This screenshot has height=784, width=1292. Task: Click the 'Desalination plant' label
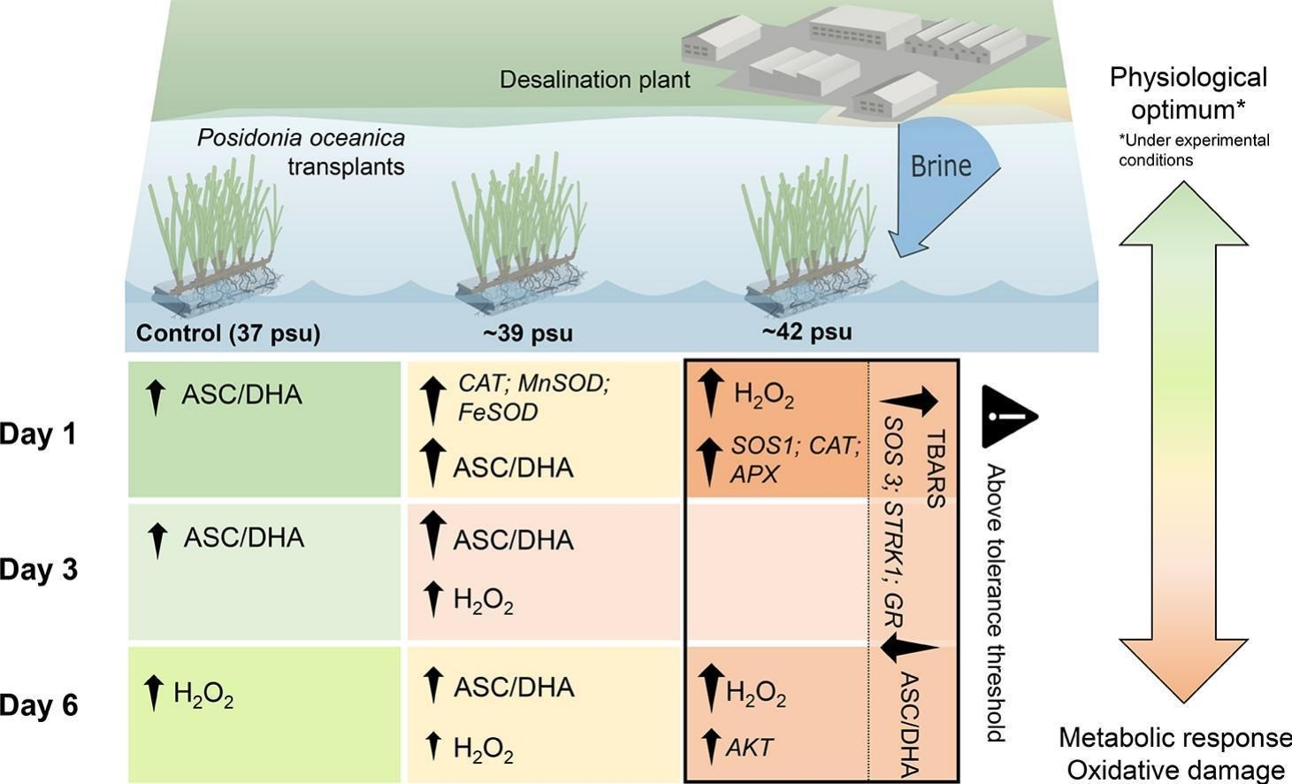click(x=594, y=80)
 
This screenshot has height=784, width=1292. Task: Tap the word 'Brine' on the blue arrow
click(x=940, y=165)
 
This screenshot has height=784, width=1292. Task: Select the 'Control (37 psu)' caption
click(x=227, y=334)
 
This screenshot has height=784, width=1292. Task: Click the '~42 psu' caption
click(x=806, y=332)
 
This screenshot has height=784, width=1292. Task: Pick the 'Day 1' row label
click(x=39, y=434)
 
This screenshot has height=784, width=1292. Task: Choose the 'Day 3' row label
click(x=39, y=570)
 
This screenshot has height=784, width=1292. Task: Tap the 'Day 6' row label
click(x=39, y=706)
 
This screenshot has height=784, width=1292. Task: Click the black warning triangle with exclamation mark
click(x=1007, y=415)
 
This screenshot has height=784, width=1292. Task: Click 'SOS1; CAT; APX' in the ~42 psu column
click(x=794, y=459)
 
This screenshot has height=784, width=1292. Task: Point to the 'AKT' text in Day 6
click(x=749, y=747)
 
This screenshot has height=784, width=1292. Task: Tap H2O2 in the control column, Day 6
click(x=203, y=694)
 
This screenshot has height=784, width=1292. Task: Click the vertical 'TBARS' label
click(x=936, y=470)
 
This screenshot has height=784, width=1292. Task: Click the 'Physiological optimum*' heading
click(x=1188, y=93)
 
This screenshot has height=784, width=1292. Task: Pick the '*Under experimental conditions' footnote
click(x=1194, y=150)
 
